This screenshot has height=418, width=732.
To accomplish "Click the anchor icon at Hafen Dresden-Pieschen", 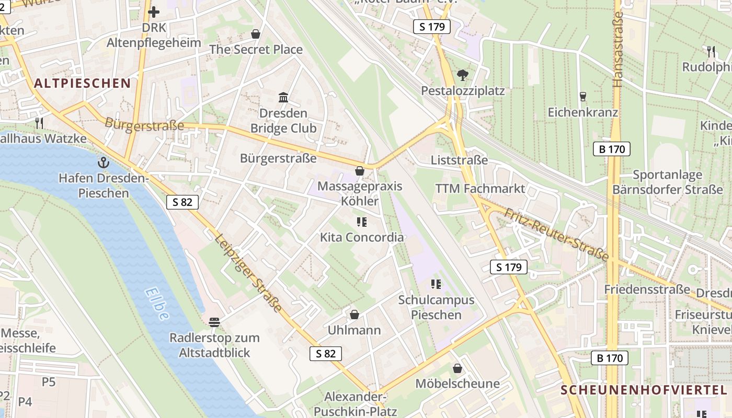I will (x=104, y=162).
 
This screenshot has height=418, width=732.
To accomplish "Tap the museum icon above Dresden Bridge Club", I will (x=283, y=97).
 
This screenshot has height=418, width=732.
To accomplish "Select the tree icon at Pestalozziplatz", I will (x=462, y=75).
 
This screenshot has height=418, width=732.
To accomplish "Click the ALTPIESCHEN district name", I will (x=83, y=83).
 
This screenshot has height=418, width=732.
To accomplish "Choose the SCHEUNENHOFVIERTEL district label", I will (x=644, y=390).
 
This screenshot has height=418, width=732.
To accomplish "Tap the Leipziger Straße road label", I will (x=248, y=273).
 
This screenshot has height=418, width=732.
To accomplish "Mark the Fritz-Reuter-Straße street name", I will (x=557, y=234).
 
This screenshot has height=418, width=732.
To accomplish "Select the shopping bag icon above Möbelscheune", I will (x=458, y=368).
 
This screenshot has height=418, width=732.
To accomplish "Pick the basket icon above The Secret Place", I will (x=256, y=34).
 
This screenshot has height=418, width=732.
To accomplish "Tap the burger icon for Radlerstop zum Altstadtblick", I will (x=214, y=322).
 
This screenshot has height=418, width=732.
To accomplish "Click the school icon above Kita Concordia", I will (x=361, y=222).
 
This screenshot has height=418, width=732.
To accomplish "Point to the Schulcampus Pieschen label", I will (x=436, y=307).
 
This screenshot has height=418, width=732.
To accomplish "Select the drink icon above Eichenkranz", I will (x=583, y=97).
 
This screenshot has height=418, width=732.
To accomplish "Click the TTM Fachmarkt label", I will (x=480, y=189).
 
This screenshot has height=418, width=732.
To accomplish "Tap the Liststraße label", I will (x=459, y=160).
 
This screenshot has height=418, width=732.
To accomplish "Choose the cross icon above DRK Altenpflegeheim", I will (x=154, y=11).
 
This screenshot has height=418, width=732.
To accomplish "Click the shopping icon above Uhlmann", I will (x=354, y=315).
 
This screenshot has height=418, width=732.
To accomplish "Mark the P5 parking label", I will (x=49, y=382).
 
